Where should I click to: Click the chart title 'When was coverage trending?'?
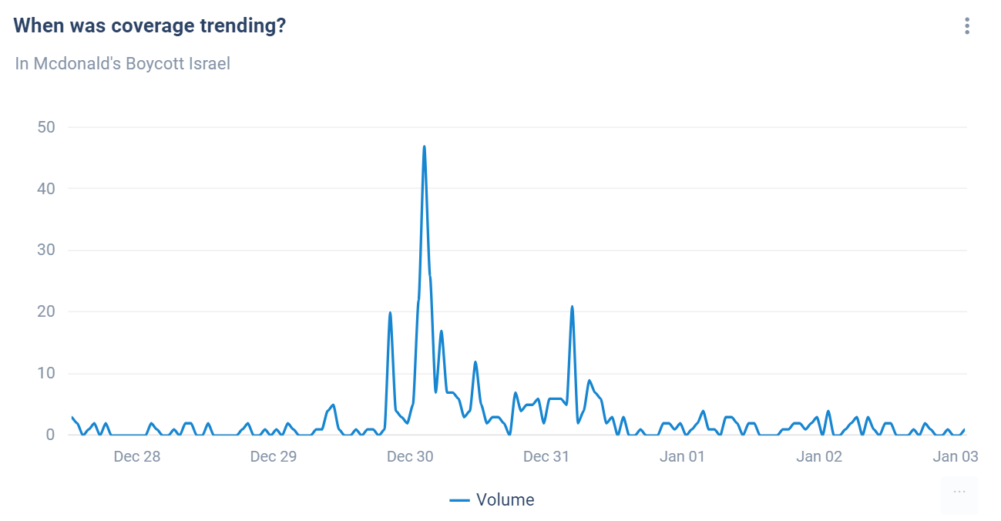[149, 25]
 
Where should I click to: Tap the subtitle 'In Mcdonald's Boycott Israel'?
[123, 63]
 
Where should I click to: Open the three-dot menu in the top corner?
[966, 26]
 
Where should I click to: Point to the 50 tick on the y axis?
[47, 127]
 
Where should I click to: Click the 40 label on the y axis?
[47, 189]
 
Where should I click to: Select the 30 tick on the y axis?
[47, 250]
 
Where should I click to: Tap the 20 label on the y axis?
[47, 312]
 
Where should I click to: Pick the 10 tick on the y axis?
[47, 374]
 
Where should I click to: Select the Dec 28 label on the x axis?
[136, 456]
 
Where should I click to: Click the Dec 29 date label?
[274, 456]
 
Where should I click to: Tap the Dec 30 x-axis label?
[410, 456]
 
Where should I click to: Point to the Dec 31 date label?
[546, 456]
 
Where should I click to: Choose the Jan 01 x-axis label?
[683, 456]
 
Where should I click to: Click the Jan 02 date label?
[819, 456]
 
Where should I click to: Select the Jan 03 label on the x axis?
[956, 456]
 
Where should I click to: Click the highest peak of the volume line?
[424, 146]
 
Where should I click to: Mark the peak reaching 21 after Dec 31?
[572, 307]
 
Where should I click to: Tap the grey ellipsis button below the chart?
[959, 492]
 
